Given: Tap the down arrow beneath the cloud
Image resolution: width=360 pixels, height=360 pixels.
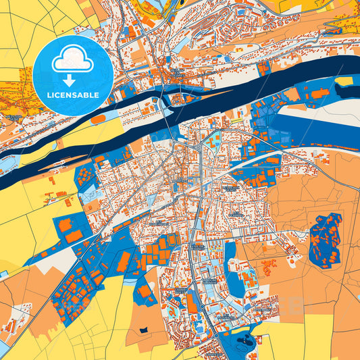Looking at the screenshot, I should point(69,80).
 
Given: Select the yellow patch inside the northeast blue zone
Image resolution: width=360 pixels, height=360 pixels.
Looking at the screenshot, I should point(344,81).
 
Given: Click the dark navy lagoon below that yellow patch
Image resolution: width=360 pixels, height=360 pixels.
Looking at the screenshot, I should point(317,132).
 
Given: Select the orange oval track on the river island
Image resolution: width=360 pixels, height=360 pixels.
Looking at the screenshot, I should point(98,119).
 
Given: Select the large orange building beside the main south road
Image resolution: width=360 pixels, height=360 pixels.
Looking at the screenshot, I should point(192,303).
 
